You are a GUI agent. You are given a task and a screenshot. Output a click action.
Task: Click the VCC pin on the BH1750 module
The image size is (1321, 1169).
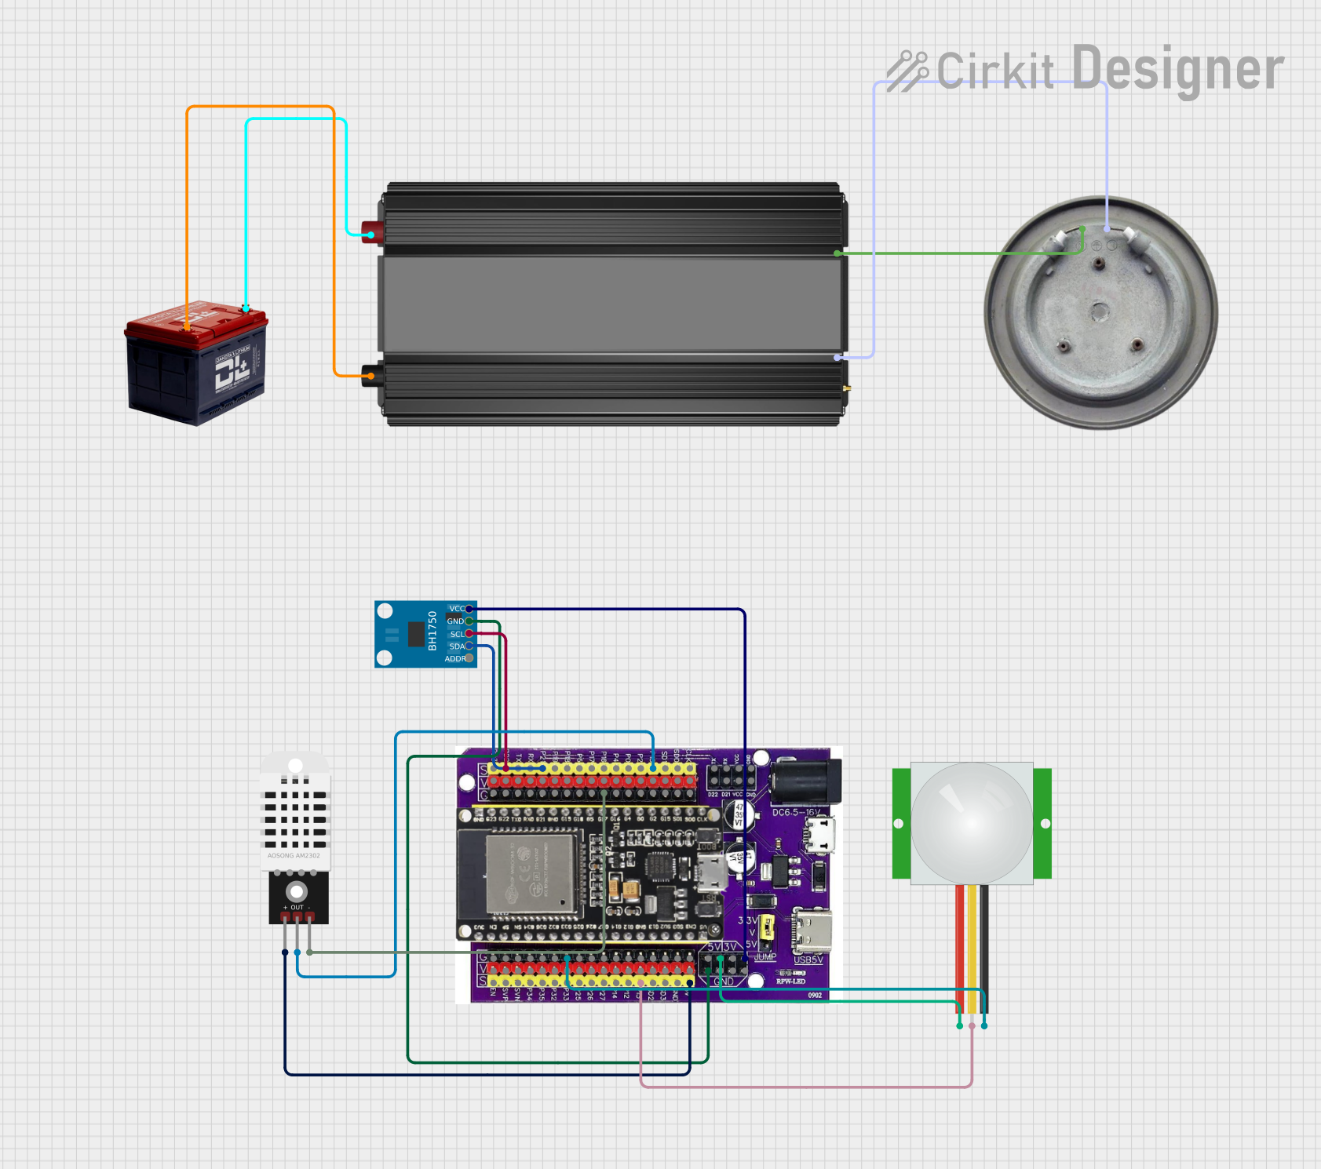tap(469, 609)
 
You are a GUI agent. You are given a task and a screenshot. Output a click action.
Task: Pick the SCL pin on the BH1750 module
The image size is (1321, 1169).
tap(469, 634)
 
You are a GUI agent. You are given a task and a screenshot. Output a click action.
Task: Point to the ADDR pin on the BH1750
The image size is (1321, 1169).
tap(469, 658)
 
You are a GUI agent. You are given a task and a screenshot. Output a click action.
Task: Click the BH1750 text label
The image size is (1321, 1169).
tap(432, 631)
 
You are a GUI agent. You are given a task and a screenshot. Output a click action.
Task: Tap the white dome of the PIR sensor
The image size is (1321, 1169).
tap(972, 822)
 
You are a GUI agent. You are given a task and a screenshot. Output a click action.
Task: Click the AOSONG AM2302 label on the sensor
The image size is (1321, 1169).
tap(294, 856)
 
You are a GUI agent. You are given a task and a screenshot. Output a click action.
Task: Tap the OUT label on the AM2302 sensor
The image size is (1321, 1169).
tap(297, 908)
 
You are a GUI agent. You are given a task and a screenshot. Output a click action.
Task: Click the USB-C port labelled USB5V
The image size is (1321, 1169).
tap(812, 930)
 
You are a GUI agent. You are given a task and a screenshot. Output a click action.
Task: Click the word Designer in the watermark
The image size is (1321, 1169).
tap(1177, 69)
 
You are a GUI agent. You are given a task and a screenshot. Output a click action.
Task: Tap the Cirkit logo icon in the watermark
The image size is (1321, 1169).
tap(907, 71)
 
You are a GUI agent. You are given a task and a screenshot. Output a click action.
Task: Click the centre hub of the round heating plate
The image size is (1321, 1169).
tap(1099, 312)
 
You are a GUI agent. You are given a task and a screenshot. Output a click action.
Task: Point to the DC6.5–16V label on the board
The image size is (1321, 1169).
tap(796, 813)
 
